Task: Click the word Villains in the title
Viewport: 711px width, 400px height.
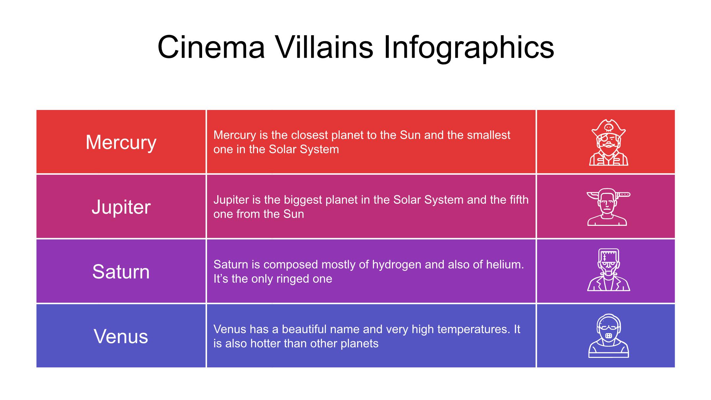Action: click(x=324, y=47)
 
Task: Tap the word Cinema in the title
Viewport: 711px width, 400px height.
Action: click(x=211, y=47)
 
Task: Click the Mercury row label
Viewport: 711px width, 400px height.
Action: click(x=121, y=143)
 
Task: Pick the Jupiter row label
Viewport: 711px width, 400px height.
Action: click(x=121, y=207)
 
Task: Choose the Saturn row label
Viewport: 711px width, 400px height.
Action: click(x=121, y=272)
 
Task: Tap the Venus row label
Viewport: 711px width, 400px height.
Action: click(x=121, y=336)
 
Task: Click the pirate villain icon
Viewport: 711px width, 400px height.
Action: click(x=609, y=142)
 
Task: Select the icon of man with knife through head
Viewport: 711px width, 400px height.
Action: click(x=608, y=207)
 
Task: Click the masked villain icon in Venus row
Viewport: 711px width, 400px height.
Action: click(x=608, y=336)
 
